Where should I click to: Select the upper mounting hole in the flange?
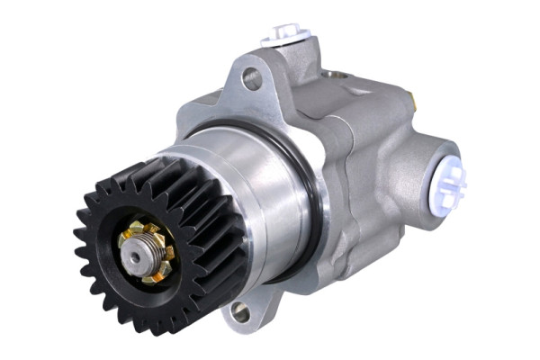tap(252, 78)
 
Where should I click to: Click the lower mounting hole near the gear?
tap(240, 312)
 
